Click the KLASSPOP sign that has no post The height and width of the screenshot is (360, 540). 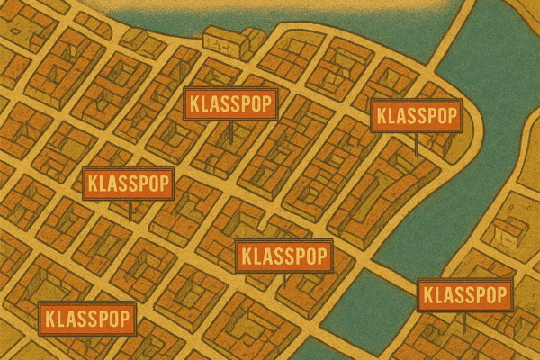[86, 318]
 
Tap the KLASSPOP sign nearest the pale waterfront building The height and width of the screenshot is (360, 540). [230, 103]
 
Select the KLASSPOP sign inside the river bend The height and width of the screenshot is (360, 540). [417, 115]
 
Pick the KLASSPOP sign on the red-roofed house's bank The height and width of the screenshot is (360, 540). [464, 295]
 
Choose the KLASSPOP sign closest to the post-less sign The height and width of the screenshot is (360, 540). [128, 184]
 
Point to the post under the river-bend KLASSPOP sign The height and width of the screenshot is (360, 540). [416, 141]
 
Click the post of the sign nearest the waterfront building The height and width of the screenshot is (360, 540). [231, 131]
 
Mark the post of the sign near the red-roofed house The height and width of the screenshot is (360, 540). [464, 319]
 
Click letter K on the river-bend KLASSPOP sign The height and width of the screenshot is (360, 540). [380, 115]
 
